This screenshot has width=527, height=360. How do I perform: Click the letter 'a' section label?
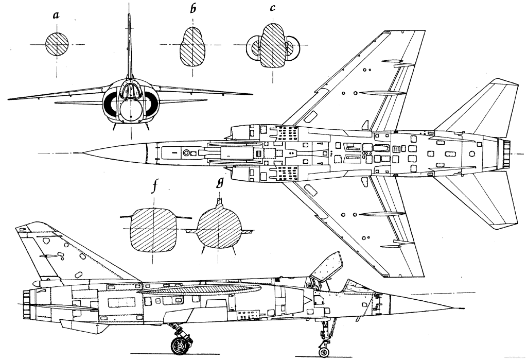pos(57,15)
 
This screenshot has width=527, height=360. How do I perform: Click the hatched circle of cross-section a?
pos(57,44)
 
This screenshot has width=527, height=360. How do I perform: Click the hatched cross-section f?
pos(154,230)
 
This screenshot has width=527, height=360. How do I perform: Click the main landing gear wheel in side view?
pos(180,345)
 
